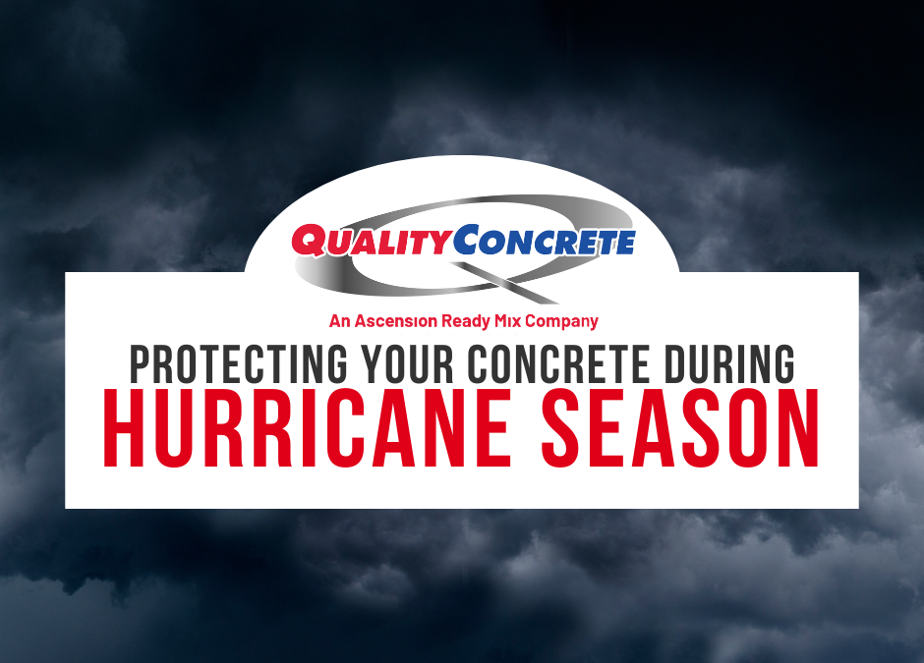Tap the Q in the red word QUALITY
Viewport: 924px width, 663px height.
307,242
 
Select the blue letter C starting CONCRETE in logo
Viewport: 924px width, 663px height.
467,241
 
